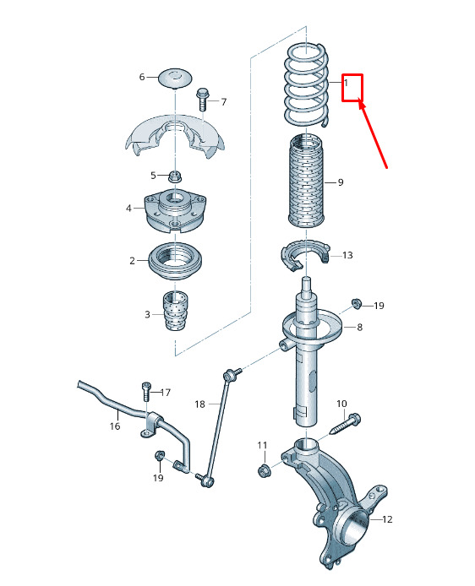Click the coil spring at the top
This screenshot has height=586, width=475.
pyautogui.click(x=307, y=85)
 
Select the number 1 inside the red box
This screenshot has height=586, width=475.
pyautogui.click(x=346, y=83)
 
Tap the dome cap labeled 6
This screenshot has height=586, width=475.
pyautogui.click(x=176, y=79)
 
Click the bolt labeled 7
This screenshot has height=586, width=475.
pyautogui.click(x=202, y=99)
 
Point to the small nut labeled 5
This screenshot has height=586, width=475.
pyautogui.click(x=174, y=176)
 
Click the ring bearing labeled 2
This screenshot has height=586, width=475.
pyautogui.click(x=176, y=261)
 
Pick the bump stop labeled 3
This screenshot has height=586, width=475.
pyautogui.click(x=176, y=310)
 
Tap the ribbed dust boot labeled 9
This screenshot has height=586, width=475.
pyautogui.click(x=306, y=181)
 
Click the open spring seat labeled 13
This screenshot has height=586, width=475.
pyautogui.click(x=306, y=255)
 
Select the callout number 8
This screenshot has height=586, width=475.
pyautogui.click(x=359, y=327)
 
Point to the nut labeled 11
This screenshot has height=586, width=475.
pyautogui.click(x=264, y=469)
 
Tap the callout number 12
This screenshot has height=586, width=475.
pyautogui.click(x=387, y=519)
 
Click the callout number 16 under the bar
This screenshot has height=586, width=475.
pyautogui.click(x=115, y=426)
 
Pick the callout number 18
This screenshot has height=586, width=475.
pyautogui.click(x=200, y=404)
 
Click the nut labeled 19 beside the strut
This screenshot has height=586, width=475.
pyautogui.click(x=357, y=303)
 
